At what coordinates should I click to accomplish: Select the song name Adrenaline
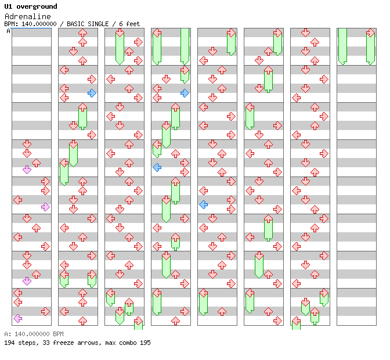click(x=27, y=16)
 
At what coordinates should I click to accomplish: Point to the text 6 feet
click(x=130, y=24)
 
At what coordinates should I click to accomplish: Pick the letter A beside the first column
click(x=8, y=31)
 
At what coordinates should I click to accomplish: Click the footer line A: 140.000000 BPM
click(x=33, y=334)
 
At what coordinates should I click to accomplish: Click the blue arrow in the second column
click(x=92, y=93)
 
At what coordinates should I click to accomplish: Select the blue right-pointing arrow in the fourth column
click(x=185, y=93)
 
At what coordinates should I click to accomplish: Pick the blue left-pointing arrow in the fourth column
click(x=157, y=167)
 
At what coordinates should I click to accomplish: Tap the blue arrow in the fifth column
click(x=203, y=204)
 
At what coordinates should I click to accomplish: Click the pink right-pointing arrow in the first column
click(x=45, y=207)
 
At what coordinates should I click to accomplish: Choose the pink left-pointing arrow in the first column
click(x=17, y=318)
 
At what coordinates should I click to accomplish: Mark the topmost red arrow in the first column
click(x=27, y=144)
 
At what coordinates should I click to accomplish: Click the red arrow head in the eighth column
click(x=370, y=33)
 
